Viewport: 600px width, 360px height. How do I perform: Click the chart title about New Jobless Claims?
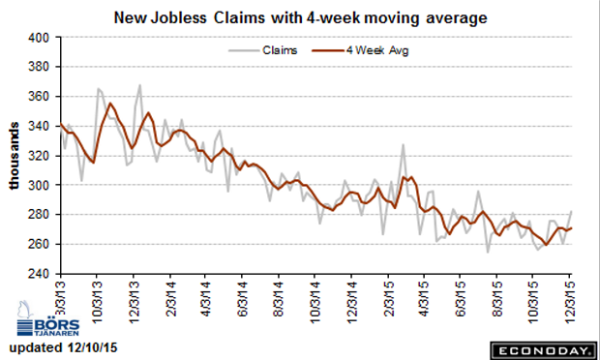click(x=300, y=18)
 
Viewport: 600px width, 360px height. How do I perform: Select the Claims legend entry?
click(x=263, y=50)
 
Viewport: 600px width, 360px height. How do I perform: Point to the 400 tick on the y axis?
click(x=39, y=38)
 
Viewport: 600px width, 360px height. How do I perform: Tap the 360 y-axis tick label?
click(x=39, y=97)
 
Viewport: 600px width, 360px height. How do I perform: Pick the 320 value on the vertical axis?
click(x=39, y=156)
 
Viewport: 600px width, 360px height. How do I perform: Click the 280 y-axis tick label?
click(x=39, y=215)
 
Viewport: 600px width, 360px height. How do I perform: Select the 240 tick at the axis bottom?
click(x=39, y=274)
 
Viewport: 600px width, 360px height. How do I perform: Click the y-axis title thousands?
click(x=14, y=156)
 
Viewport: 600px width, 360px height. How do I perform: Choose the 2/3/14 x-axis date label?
click(x=171, y=299)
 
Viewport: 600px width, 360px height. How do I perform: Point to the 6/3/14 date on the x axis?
click(x=243, y=299)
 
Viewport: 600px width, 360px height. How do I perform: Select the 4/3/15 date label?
click(x=424, y=299)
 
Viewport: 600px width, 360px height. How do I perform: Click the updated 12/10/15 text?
click(x=63, y=347)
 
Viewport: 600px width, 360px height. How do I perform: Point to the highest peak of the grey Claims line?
click(x=140, y=85)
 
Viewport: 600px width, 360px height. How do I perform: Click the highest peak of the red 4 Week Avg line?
click(x=110, y=103)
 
